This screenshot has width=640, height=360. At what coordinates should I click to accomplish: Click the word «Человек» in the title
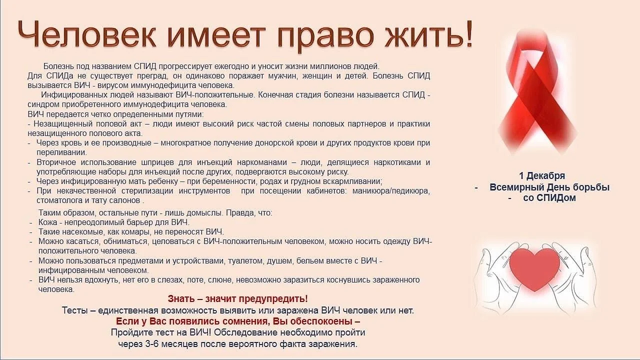pos(87,35)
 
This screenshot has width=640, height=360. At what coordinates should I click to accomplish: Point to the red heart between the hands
pos(537,267)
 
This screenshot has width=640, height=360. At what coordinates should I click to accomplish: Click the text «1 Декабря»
pos(542,176)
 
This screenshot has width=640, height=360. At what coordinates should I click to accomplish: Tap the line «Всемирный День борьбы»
pos(549,187)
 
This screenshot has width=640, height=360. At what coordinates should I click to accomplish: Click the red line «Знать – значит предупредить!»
pos(238,299)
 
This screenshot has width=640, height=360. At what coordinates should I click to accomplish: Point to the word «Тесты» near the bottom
pos(74,310)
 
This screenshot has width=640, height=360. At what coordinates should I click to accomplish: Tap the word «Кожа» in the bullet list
pos(48,222)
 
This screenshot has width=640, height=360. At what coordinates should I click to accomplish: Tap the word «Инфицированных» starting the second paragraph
pos(70,94)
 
